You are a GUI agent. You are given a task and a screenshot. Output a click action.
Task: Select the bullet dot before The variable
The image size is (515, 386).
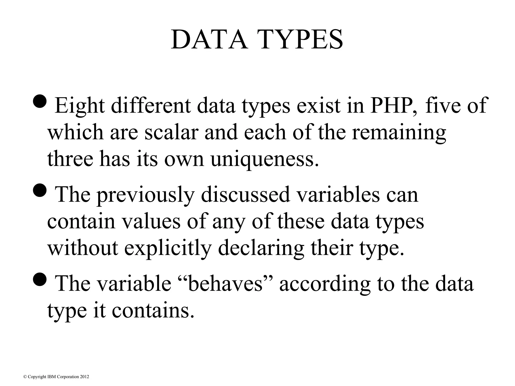pos(39,279)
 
